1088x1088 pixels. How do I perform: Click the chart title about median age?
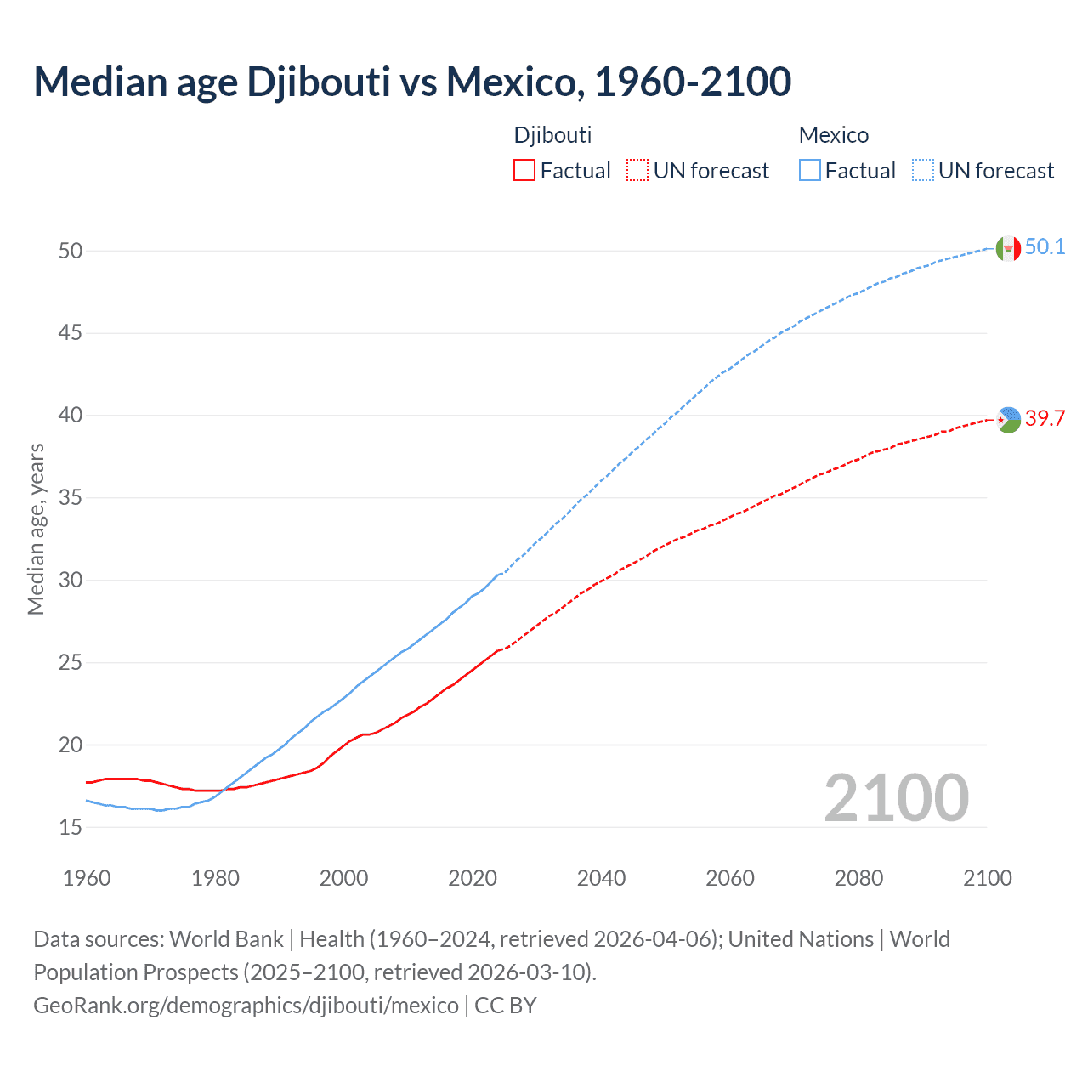(412, 82)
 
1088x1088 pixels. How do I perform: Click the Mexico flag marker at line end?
(1008, 248)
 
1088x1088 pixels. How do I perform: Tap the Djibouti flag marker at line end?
(1008, 419)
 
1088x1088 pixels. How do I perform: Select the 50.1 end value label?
(1045, 247)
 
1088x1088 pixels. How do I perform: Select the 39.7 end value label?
(1045, 418)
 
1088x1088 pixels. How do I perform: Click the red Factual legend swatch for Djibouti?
(524, 171)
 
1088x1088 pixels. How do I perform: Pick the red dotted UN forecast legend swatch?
(637, 171)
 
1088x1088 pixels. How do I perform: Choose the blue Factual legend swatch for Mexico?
(810, 171)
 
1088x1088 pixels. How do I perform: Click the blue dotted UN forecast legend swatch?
(923, 171)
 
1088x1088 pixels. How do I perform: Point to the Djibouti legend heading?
(552, 135)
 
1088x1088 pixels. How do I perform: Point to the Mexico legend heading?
(834, 135)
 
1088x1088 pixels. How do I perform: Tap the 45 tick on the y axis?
(71, 333)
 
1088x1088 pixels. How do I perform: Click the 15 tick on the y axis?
(71, 827)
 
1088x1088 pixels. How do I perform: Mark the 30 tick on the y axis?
(71, 581)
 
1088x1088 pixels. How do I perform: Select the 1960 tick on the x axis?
(87, 878)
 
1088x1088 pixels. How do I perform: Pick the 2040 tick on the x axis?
(601, 878)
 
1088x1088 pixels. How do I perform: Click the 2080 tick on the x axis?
(858, 878)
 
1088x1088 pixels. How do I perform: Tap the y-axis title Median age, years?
(36, 529)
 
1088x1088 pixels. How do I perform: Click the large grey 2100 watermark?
(896, 797)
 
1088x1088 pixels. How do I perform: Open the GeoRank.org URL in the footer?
(246, 1006)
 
